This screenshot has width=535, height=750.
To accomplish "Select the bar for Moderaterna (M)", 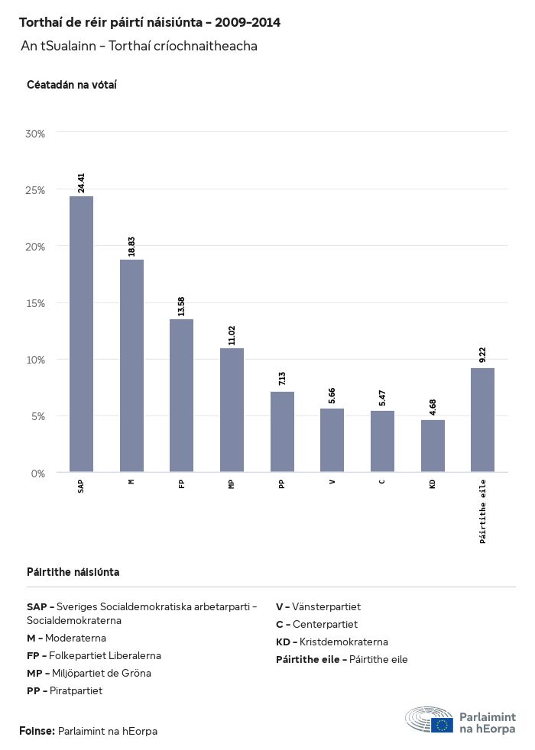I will [131, 366].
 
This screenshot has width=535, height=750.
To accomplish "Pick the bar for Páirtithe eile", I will [482, 420].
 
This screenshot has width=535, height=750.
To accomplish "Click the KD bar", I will [433, 446].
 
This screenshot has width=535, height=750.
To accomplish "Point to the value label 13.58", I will [181, 307].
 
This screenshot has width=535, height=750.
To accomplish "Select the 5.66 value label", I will [332, 396].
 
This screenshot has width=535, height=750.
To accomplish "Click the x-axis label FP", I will [181, 483].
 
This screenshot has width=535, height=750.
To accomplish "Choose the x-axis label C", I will [382, 480].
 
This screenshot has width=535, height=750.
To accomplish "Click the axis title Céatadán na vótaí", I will [72, 85].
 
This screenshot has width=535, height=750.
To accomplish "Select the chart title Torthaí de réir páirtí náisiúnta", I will [150, 23].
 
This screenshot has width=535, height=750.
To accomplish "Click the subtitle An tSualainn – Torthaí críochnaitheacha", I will [139, 46].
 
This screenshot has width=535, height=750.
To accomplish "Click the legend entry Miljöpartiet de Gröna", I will [89, 673].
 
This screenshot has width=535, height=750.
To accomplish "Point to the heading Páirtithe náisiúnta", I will [73, 572].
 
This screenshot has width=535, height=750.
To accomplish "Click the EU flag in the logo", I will [442, 725].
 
